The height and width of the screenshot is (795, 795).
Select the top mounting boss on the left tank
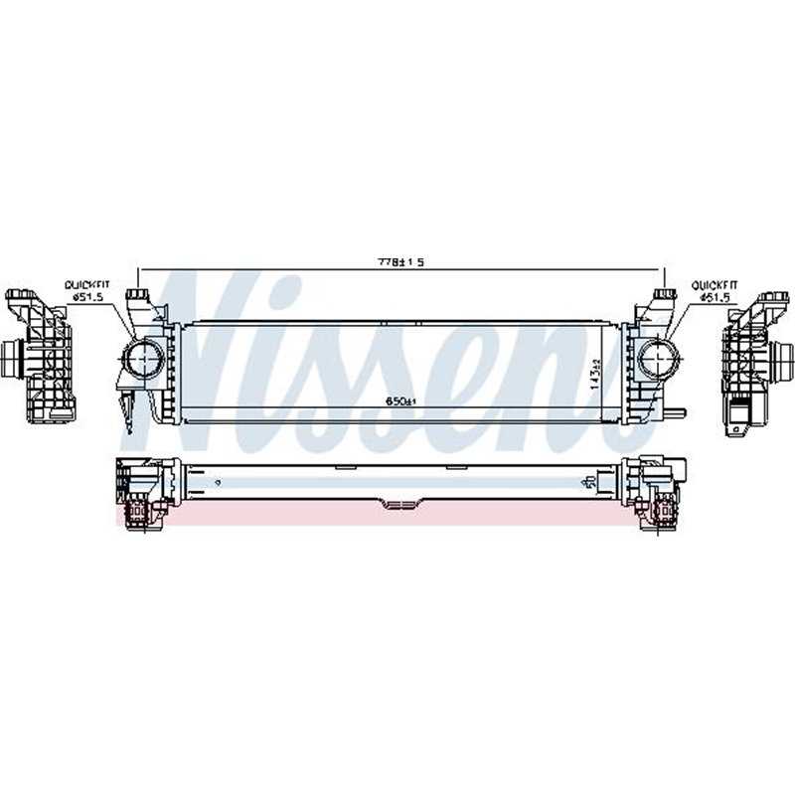pos(138,296)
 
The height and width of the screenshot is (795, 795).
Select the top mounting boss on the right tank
pos(663,296)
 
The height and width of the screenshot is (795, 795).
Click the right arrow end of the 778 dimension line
pos(664,268)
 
